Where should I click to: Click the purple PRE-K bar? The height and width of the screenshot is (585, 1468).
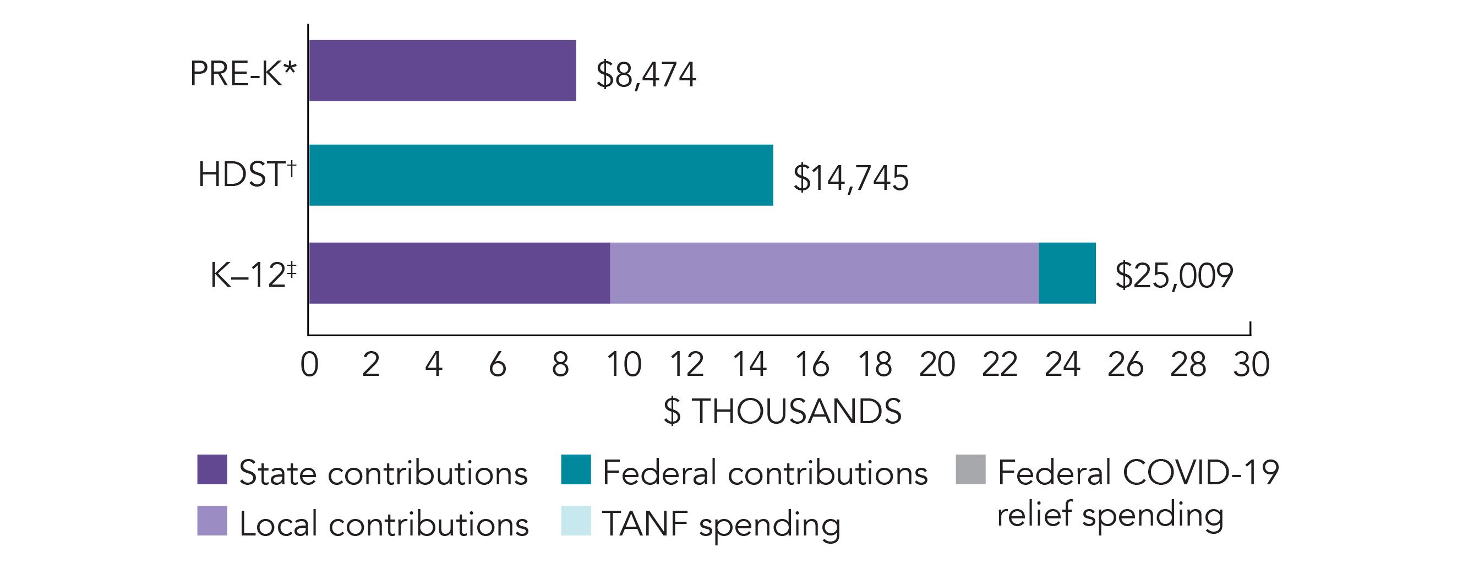442,70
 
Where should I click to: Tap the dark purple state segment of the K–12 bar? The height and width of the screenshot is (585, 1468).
459,274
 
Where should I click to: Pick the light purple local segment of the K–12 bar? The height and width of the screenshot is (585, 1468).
824,274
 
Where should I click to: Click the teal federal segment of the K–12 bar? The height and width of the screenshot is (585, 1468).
1067,274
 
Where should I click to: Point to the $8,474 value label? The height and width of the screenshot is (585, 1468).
646,75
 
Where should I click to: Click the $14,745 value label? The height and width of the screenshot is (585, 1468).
851,178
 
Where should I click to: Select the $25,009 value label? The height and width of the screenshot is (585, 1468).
1174,276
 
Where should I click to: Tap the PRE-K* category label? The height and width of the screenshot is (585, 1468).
243,74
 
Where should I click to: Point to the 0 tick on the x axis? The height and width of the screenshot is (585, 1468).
309,364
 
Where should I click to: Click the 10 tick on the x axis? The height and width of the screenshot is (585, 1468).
624,364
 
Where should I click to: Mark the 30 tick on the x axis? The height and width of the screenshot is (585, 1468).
1252,364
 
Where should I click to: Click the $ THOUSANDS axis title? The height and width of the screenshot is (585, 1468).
783,411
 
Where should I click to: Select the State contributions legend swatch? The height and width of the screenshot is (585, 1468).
212,469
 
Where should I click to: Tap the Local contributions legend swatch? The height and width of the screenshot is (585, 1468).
212,521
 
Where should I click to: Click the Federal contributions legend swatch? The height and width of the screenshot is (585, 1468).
576,469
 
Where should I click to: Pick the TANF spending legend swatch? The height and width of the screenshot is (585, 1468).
576,521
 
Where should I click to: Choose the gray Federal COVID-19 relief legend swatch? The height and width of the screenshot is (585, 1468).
970,469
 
